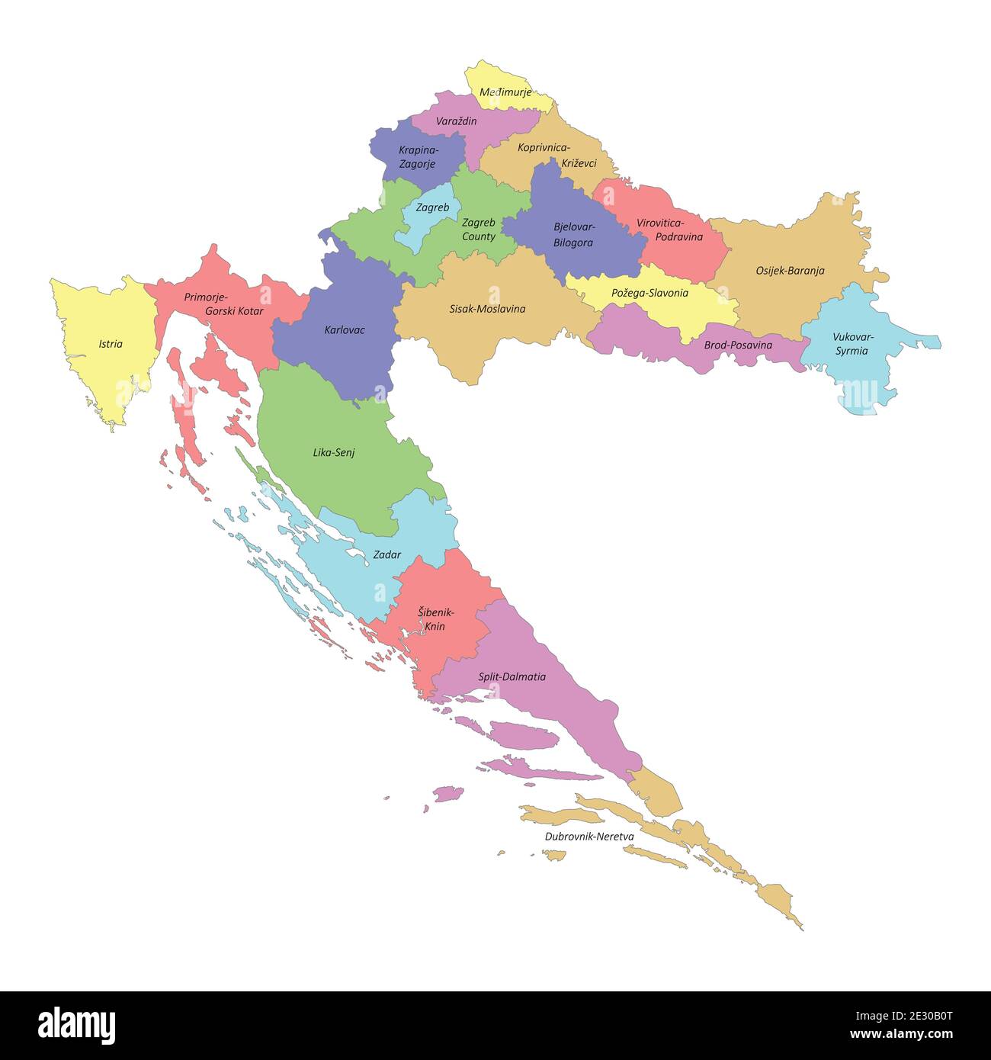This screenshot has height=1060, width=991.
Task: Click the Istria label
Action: tap(111, 344)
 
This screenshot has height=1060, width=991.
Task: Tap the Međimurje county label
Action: tap(505, 92)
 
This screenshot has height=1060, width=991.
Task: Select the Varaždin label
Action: tap(457, 121)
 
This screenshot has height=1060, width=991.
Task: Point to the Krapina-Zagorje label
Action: tap(418, 157)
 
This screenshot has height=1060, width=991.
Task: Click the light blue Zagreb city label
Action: tap(432, 207)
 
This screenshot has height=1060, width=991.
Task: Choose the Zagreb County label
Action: tap(479, 230)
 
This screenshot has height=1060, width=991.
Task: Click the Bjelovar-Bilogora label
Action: tap(574, 235)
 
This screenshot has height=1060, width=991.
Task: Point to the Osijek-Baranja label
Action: tap(790, 271)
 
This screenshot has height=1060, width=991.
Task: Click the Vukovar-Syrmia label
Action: tap(852, 344)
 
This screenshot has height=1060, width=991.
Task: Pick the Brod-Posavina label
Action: tap(737, 345)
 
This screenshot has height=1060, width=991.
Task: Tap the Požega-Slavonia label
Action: tap(649, 293)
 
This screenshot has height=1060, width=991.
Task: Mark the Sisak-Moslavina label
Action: tap(487, 309)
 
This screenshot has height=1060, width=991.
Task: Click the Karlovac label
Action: tap(345, 330)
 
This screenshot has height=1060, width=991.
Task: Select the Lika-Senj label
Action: tap(334, 452)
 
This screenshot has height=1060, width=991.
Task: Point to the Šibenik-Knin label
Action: tap(435, 619)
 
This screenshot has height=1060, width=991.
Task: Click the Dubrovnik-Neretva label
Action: tap(589, 837)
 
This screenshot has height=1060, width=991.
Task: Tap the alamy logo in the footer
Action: tap(77, 1025)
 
